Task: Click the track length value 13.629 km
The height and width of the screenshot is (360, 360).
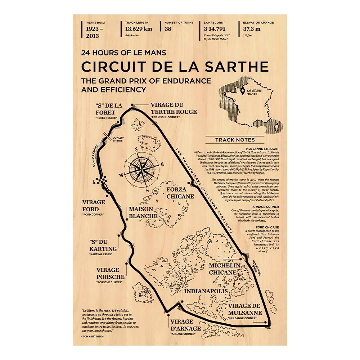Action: (x=139, y=29)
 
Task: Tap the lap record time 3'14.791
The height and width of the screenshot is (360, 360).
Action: (x=215, y=29)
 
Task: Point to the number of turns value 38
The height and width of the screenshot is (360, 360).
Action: (x=168, y=29)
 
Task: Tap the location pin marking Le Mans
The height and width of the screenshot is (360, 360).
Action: (x=243, y=92)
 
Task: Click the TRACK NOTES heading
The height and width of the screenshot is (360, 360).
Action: (x=235, y=140)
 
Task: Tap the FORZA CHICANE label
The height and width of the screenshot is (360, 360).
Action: (x=180, y=193)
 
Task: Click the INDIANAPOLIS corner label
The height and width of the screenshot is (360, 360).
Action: (x=206, y=291)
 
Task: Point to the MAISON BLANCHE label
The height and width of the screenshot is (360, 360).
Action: (x=143, y=212)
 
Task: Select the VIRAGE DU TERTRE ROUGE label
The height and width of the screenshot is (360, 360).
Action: (x=174, y=108)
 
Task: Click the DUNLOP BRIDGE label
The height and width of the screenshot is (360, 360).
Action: (x=117, y=139)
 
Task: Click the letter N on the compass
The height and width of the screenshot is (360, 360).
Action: (x=136, y=150)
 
